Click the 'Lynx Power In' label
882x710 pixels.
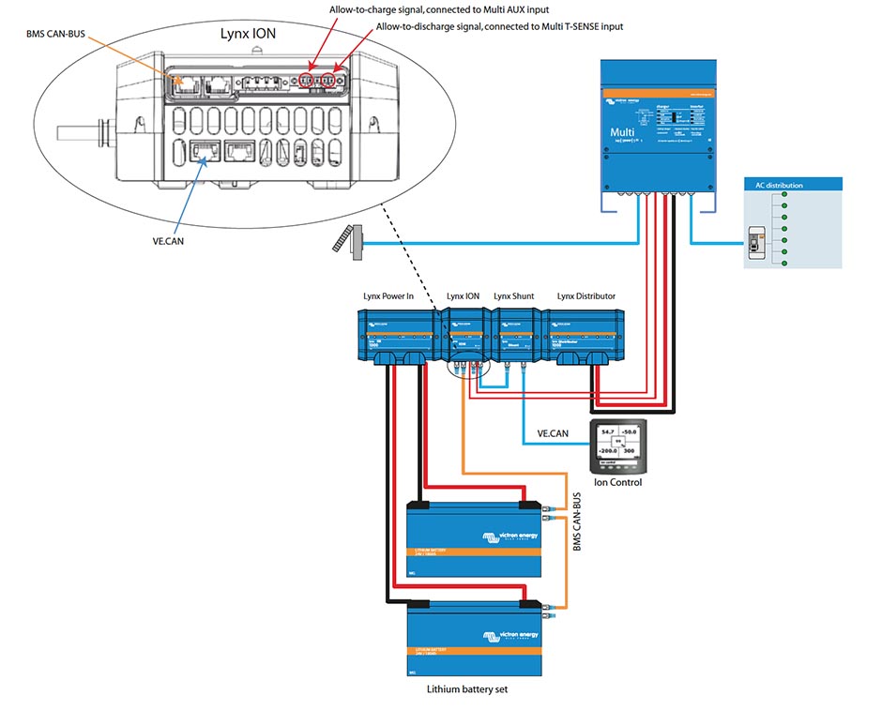[388, 296]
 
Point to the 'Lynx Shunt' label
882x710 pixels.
[513, 296]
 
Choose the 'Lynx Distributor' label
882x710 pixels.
[585, 296]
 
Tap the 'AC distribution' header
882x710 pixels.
[779, 186]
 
